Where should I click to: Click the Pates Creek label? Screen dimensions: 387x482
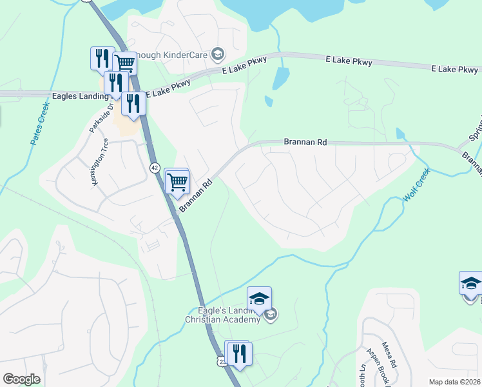40,122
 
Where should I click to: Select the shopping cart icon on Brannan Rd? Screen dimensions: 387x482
177,181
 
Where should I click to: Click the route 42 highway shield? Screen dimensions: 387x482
154,167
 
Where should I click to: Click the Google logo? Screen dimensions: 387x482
22,379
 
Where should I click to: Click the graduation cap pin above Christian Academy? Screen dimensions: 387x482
259,299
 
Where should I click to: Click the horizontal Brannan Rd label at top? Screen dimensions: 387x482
305,141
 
